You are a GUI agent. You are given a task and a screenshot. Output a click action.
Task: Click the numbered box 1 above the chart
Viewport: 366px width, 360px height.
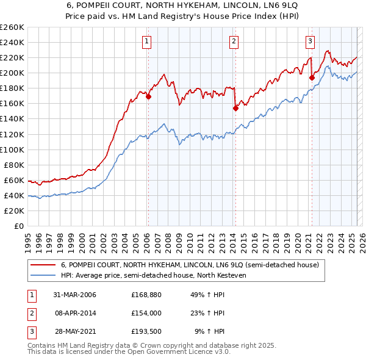148,41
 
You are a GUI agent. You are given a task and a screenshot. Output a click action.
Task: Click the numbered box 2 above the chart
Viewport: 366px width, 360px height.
234,41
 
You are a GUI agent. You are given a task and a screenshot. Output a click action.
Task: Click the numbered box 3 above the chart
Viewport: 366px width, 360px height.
310,41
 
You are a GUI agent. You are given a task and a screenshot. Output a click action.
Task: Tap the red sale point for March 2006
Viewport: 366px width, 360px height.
148,96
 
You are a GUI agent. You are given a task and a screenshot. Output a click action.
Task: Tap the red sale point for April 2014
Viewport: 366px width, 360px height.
235,108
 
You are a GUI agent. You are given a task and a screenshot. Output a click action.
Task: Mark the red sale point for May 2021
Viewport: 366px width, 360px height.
312,77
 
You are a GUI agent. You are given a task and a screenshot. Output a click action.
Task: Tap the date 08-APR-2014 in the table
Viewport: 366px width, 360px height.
74,313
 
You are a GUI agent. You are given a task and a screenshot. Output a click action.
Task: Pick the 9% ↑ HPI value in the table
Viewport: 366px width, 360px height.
209,331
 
